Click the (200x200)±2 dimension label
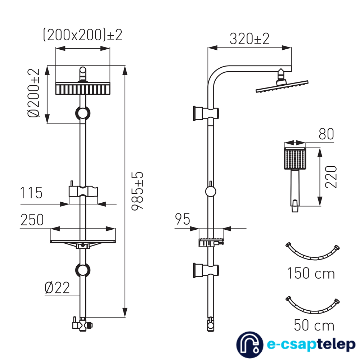tap(83, 35)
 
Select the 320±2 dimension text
tap(249, 39)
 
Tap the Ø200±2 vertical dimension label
tap(33, 93)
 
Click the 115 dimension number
tap(31, 193)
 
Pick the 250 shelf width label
tap(32, 220)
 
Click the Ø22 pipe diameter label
tap(57, 288)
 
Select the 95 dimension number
tap(183, 219)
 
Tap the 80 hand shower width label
tap(326, 134)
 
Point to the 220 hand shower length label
tap(331, 177)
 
